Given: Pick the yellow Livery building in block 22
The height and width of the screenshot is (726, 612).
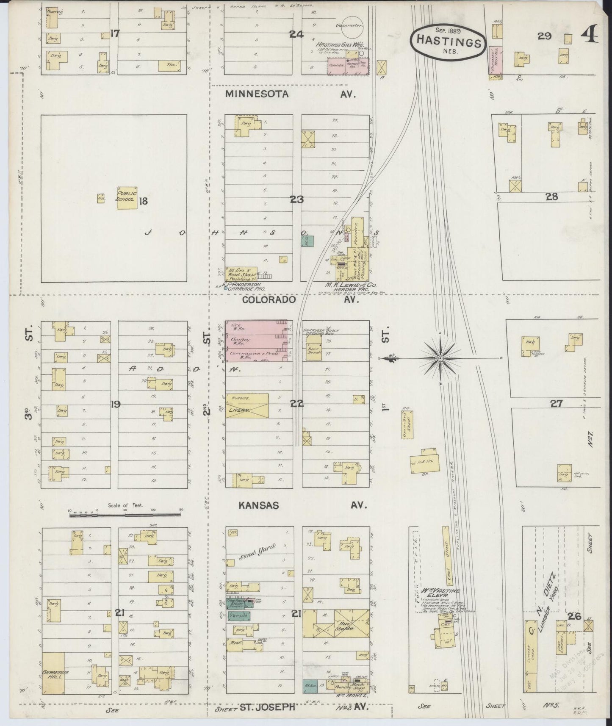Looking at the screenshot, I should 246,406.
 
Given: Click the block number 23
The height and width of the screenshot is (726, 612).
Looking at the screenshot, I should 296,199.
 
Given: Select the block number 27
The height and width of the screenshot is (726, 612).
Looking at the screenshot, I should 556,404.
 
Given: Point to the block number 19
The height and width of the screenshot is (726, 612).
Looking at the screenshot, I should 115,404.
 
